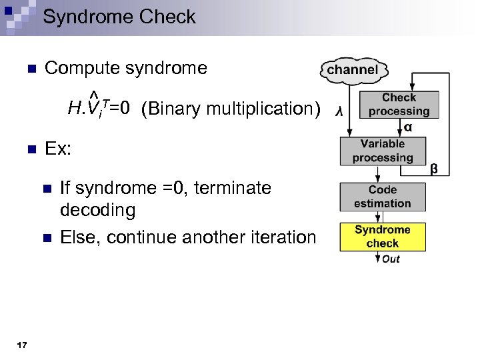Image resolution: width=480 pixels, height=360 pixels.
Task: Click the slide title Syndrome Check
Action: click(x=119, y=17)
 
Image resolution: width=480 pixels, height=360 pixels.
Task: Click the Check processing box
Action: click(x=399, y=105)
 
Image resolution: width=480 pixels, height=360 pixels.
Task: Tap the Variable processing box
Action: click(x=383, y=151)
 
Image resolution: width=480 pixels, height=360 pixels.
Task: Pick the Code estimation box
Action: click(x=383, y=197)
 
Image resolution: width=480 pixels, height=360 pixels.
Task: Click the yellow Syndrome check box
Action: click(x=383, y=237)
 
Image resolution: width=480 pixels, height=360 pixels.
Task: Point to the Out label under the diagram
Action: click(x=391, y=259)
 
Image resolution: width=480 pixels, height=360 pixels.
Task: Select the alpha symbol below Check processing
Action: click(x=407, y=127)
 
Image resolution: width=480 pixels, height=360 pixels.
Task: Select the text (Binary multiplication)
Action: click(x=231, y=109)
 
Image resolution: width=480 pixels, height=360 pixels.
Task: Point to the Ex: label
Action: click(x=58, y=149)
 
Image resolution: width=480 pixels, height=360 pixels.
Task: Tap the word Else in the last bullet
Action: click(x=79, y=237)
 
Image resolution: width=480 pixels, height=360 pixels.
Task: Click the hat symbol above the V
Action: click(x=94, y=92)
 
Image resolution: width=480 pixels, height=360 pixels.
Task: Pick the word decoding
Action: click(x=97, y=211)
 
